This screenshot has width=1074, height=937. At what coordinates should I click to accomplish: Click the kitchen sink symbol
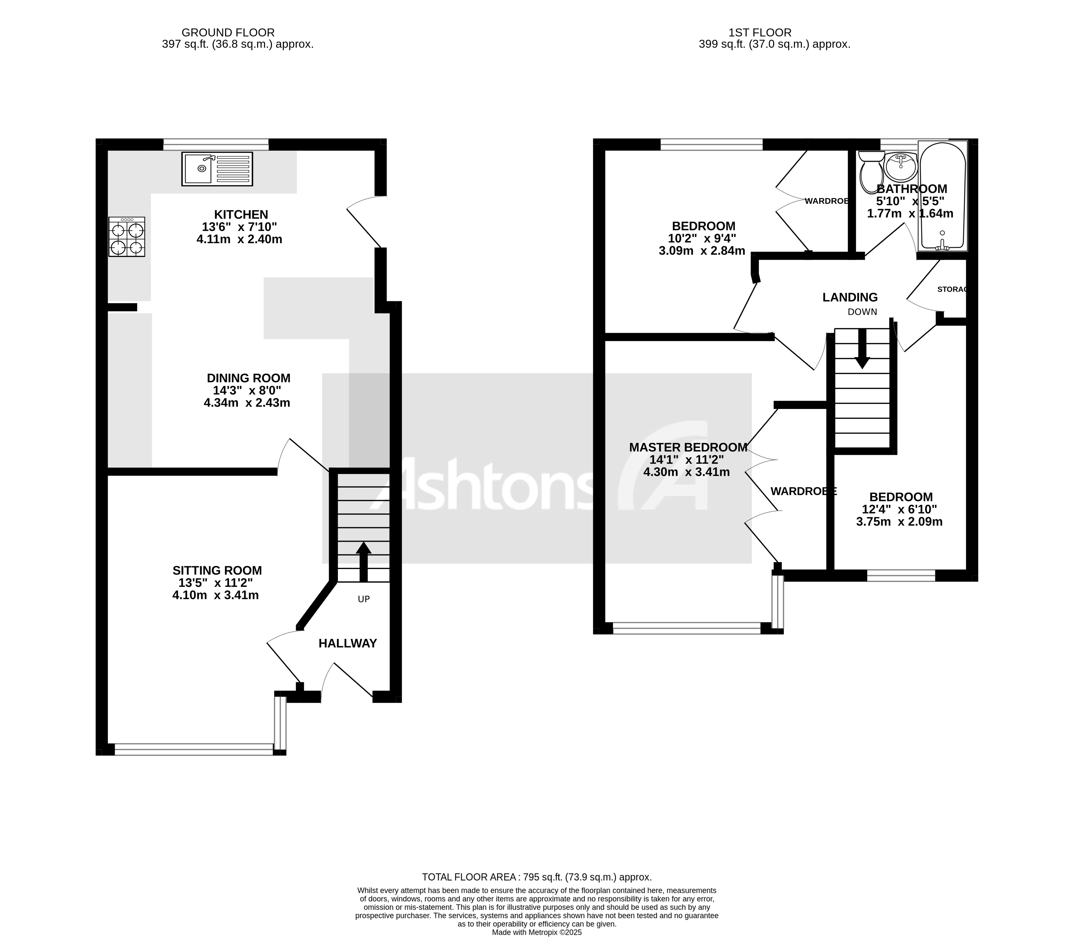[217, 169]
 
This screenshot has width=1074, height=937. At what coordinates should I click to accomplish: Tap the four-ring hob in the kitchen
[126, 237]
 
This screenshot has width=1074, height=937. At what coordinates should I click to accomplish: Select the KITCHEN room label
[241, 214]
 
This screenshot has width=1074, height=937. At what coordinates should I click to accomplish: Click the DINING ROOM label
[248, 378]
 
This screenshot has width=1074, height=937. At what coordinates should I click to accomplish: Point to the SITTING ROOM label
[217, 571]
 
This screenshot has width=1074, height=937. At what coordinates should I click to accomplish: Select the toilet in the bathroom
[871, 173]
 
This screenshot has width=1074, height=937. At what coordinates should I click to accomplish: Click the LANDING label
[850, 298]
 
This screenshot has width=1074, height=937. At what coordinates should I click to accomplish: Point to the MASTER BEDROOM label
[688, 448]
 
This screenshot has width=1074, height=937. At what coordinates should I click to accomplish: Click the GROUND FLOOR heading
[228, 32]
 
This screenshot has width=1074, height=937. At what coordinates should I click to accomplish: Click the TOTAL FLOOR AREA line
[537, 877]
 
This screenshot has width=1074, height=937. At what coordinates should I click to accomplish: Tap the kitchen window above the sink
[216, 144]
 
